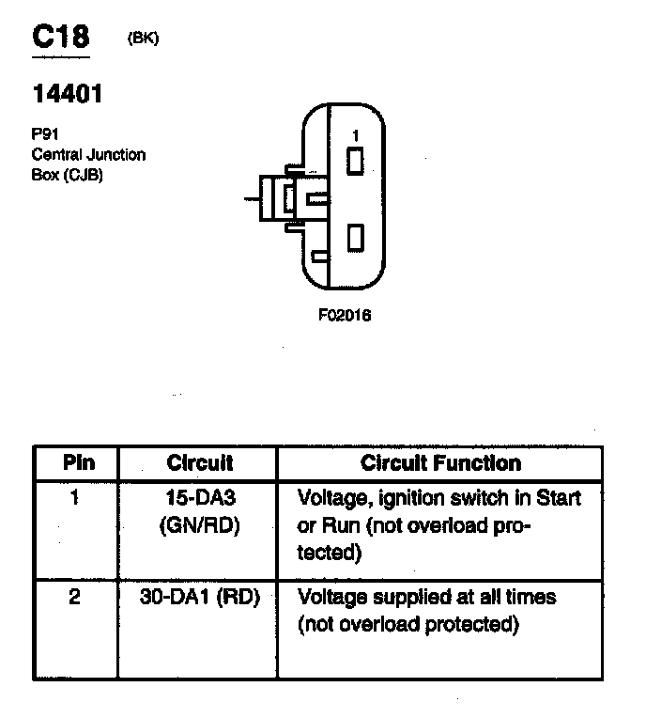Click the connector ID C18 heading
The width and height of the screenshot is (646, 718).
[x=61, y=37]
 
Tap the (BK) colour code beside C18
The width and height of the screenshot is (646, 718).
[x=143, y=39]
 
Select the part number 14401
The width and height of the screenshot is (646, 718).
[x=68, y=94]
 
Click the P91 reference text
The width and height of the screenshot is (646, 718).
[x=46, y=135]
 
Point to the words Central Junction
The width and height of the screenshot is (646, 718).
[x=88, y=155]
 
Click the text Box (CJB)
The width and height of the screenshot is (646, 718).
[x=66, y=174]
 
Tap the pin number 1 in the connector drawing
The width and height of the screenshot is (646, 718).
[x=355, y=136]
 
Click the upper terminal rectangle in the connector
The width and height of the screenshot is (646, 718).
[x=355, y=162]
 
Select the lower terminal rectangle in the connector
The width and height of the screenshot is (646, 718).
[x=355, y=237]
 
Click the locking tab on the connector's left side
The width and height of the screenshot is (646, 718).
[x=282, y=198]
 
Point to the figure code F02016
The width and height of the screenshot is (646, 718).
[x=345, y=316]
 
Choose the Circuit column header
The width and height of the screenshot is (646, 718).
[x=199, y=463]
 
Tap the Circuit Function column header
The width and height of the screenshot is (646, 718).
[x=440, y=463]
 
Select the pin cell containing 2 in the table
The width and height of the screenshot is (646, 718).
[x=75, y=598]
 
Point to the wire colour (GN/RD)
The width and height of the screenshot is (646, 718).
[x=199, y=525]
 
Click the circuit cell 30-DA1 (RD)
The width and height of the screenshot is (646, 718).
[x=199, y=598]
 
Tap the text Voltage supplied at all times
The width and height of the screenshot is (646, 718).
[x=426, y=598]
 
